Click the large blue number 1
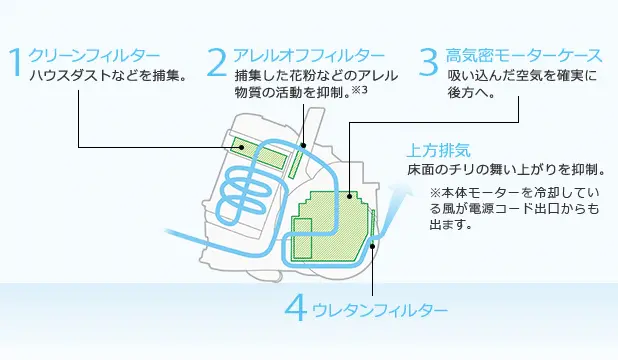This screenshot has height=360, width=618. point(16,62)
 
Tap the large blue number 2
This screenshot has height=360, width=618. point(217,62)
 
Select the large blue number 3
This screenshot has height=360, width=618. point(428,62)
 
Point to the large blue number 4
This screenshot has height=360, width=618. point(296,309)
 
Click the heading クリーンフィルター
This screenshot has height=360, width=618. point(95,55)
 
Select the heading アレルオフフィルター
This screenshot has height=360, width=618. point(309,55)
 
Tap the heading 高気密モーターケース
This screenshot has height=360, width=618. point(524,55)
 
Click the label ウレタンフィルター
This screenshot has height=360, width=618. point(380,311)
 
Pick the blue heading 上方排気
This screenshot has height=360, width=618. point(439,150)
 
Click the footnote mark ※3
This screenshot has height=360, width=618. point(359,90)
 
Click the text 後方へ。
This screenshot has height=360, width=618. point(471,93)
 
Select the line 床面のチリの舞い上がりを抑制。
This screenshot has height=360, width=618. point(506,170)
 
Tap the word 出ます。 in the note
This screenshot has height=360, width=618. point(450,224)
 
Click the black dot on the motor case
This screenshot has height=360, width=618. point(349,196)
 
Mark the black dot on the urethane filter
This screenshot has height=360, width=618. point(372,246)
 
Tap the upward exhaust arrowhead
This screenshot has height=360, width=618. point(401,192)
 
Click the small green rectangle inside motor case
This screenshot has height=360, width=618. point(302,238)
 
